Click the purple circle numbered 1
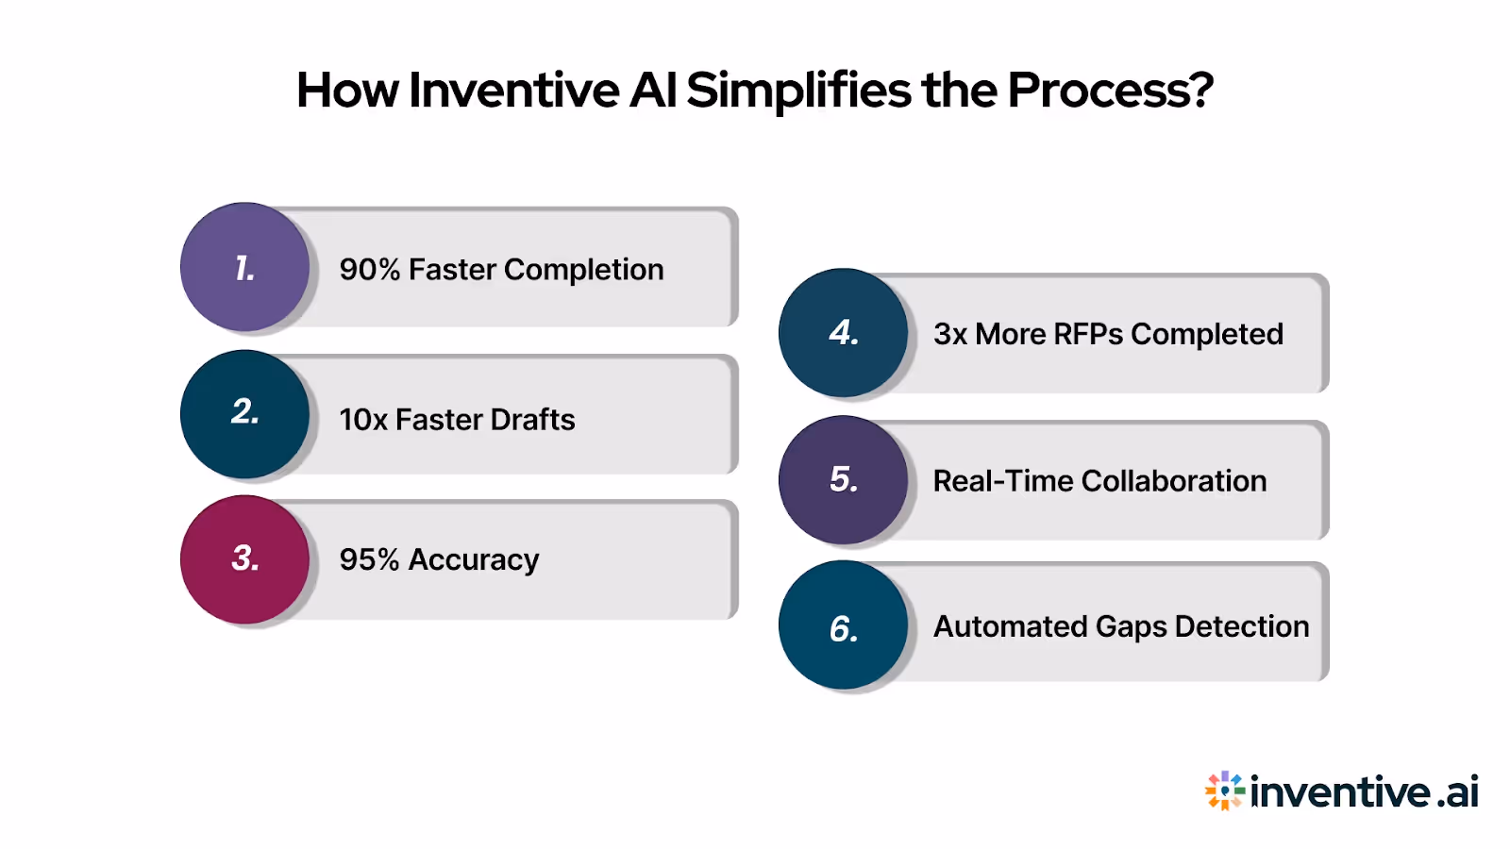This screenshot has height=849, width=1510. point(244,267)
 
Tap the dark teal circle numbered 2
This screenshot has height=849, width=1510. point(244,414)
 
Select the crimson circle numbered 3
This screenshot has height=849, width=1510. point(244,559)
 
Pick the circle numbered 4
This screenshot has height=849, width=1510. point(843,333)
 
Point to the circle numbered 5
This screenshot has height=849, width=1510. point(843,480)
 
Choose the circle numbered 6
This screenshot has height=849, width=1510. point(843,625)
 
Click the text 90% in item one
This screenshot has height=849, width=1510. point(370,270)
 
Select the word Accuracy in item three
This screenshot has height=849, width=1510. point(473,560)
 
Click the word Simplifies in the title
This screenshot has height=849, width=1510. point(798,91)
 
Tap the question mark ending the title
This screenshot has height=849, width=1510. point(1200,91)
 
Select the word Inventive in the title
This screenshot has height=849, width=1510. point(514,91)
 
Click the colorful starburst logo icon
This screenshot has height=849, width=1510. point(1224,791)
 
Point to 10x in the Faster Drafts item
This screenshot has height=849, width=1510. point(363,420)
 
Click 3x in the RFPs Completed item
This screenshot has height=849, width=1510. point(950,334)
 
